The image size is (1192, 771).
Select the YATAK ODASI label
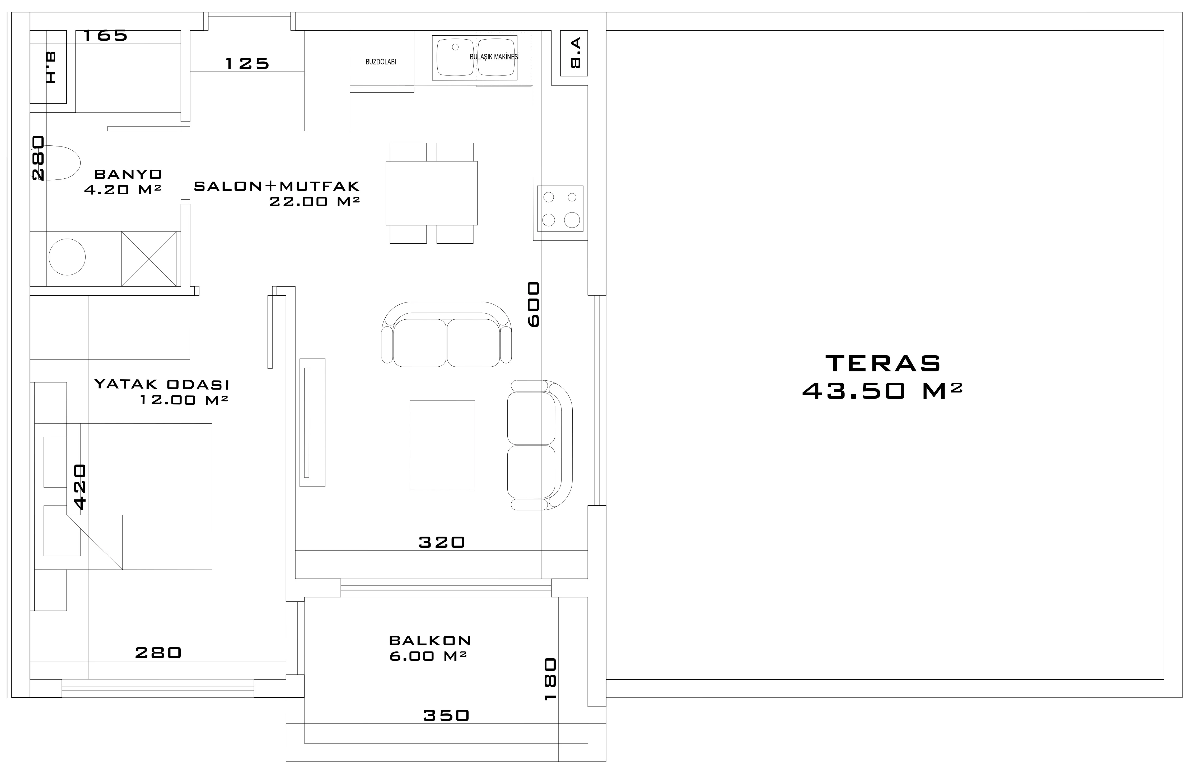tap(162, 385)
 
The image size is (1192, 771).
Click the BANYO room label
tap(128, 174)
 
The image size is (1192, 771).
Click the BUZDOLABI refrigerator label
tap(381, 62)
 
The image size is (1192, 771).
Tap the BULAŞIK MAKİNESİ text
tap(494, 57)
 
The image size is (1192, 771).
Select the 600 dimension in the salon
tap(534, 304)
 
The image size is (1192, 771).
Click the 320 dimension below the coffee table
tap(442, 542)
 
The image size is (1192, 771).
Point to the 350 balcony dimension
tap(446, 715)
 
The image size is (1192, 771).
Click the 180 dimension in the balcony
tap(550, 679)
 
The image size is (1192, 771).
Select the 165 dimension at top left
tap(105, 36)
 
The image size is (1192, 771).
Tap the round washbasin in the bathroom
tap(67, 257)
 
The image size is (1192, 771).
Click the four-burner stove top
tap(560, 208)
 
